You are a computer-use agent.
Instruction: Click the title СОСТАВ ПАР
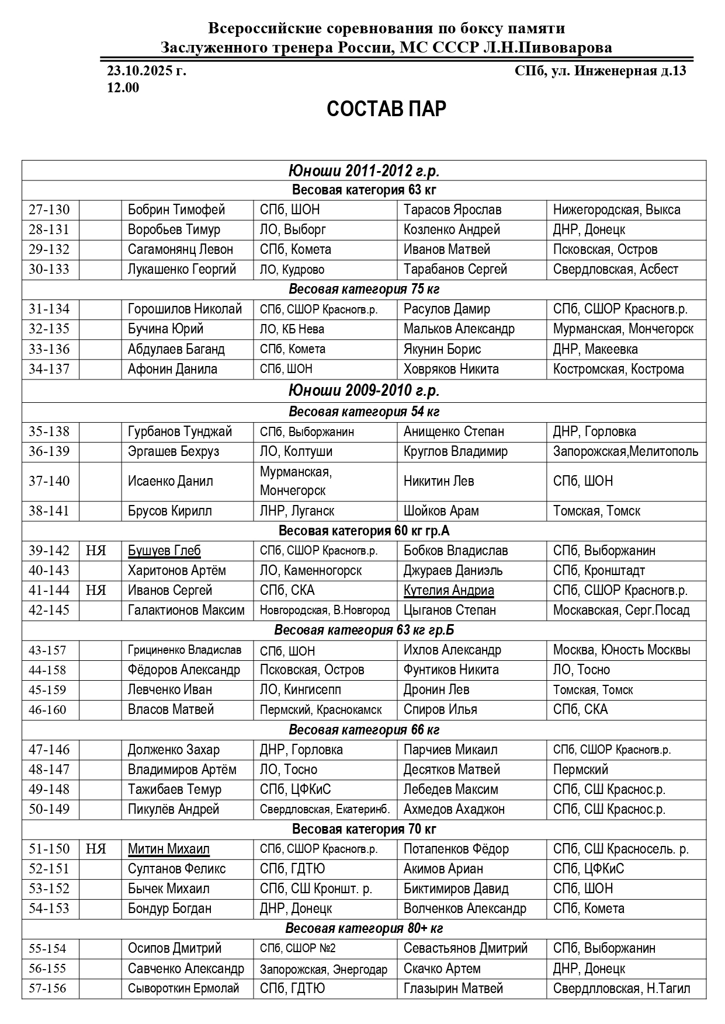point(386,109)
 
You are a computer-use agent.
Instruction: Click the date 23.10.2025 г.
point(147,71)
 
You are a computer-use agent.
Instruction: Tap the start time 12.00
point(123,88)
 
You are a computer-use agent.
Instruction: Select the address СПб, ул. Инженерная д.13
point(600,71)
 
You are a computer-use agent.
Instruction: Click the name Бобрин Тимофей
point(176,210)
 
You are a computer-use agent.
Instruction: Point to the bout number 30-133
point(49,269)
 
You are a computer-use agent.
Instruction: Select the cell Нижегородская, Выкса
point(616,210)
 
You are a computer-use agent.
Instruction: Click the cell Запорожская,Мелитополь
point(625,451)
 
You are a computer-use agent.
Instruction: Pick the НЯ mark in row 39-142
point(96,551)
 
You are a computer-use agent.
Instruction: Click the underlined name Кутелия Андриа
point(449,590)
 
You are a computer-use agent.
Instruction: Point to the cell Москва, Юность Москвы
point(622,650)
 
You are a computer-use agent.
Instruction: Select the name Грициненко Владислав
point(185,650)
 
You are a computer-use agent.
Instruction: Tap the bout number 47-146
point(49,750)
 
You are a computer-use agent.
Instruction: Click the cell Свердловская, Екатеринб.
point(325,809)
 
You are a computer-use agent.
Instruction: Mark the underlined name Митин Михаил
point(169,849)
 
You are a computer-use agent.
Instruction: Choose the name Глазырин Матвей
point(453,988)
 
